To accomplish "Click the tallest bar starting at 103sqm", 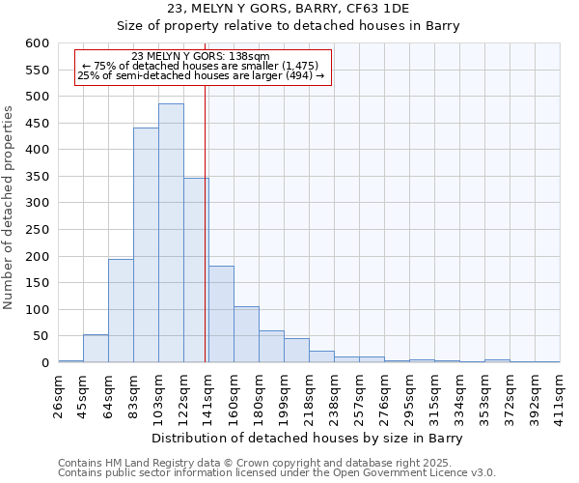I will point(171,233).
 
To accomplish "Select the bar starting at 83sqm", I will point(146,245).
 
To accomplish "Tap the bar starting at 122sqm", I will point(196,270).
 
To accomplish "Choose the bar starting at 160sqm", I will point(246,334).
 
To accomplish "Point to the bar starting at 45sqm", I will point(96,349).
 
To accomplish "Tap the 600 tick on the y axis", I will point(37,43).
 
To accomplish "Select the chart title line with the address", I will point(289,8).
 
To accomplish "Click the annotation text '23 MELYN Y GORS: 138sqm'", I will point(201,57).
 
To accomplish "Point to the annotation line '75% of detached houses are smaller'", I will point(201,66).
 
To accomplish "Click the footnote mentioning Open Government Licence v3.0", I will point(277,472).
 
